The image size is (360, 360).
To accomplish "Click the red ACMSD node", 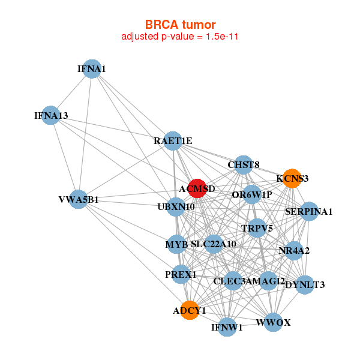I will pos(197,188).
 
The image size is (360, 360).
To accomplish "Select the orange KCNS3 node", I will pos(292,178).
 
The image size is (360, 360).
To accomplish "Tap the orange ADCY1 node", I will pos(190,310).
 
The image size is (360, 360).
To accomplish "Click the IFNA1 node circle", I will pos(92,69).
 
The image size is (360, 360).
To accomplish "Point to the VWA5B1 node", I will pos(79,199).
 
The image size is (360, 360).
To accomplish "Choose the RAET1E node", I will pos(173,141).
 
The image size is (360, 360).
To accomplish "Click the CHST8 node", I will pos(243,164).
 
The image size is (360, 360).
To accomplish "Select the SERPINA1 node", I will pos(308,211).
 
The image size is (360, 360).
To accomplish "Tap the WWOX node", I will pos(273,323).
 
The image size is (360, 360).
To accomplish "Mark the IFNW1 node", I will pos(227,327).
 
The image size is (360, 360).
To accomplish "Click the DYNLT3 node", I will pos(305,284).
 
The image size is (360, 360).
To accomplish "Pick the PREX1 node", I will pos(181,275).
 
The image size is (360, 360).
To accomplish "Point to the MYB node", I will pos(177,244).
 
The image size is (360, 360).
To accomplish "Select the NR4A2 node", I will pos(294,250).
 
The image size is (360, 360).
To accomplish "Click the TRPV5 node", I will pos(257,228).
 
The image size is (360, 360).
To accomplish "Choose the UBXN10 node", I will pos(176,207).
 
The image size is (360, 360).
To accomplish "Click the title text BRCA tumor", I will pos(180,25).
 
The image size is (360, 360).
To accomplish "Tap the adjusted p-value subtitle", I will pos(180,37).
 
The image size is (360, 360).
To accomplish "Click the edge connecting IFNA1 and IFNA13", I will pos(71,92).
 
